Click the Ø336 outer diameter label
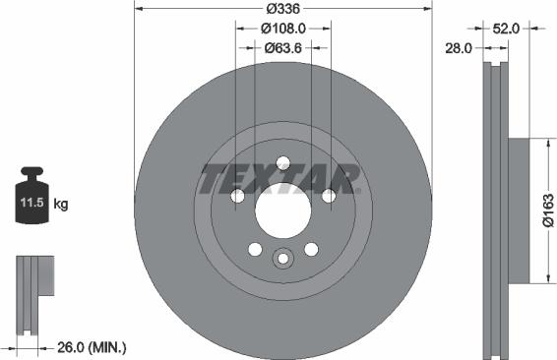tap(282, 10)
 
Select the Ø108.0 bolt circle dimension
tap(282, 29)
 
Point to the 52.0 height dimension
tap(505, 30)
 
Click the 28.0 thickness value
tap(460, 47)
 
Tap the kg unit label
tap(61, 205)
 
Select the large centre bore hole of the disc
tap(282, 210)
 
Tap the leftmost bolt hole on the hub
tap(237, 197)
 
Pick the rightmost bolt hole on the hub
tap(329, 197)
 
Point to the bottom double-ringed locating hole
tap(282, 259)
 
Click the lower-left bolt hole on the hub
tap(255, 249)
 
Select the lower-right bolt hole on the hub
tap(311, 249)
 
